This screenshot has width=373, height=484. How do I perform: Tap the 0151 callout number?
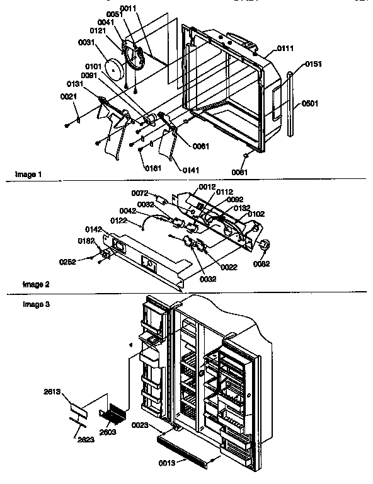pos(313,64)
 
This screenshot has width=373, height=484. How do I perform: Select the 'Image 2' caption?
pos(35,284)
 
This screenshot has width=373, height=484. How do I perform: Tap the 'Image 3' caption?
pos(35,304)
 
